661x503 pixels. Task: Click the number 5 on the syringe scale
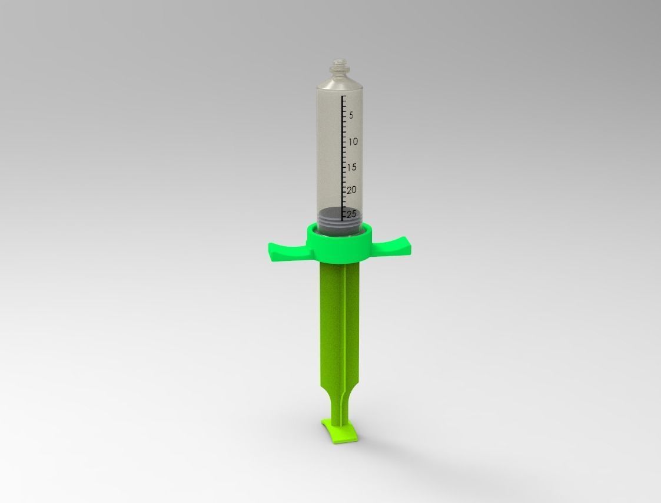click(x=351, y=115)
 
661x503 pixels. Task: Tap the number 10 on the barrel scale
click(x=353, y=142)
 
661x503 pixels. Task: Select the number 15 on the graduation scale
click(x=351, y=167)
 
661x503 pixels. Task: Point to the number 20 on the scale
click(x=351, y=190)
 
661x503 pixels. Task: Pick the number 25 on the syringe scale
click(x=351, y=213)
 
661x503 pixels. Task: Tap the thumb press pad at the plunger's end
click(x=339, y=431)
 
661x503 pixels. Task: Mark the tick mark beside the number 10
click(x=344, y=142)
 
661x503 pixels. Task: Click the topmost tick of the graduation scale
click(x=344, y=95)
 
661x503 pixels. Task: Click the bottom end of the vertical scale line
click(x=343, y=220)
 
